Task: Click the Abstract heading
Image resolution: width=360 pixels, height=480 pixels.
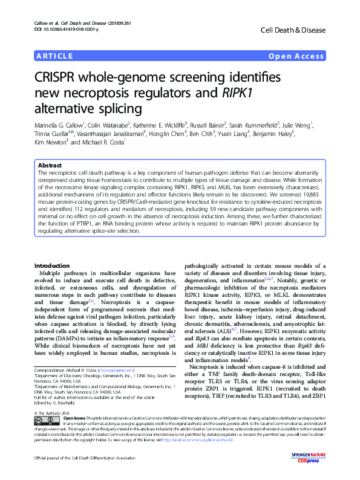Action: [x=50, y=165]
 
